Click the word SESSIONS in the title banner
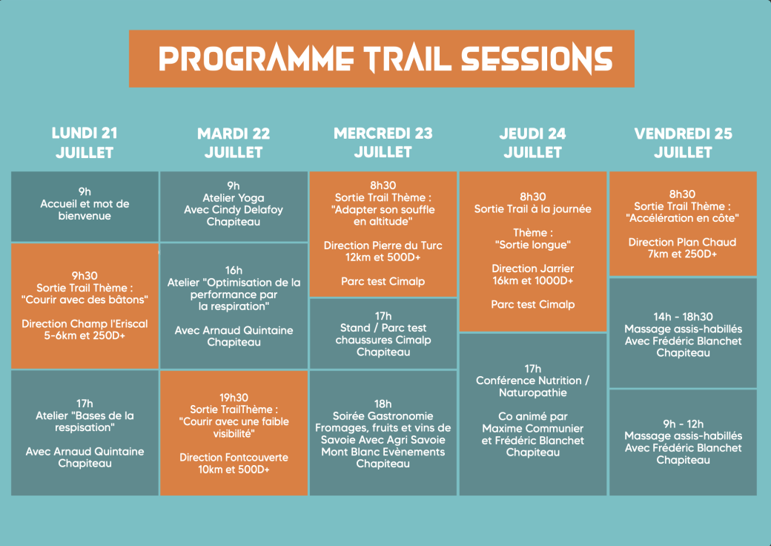coord(537,59)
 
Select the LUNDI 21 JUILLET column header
coord(85,142)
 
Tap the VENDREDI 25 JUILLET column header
coord(683,142)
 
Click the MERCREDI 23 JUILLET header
coord(383,142)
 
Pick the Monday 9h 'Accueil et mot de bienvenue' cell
coord(85,206)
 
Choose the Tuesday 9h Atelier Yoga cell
coord(234,206)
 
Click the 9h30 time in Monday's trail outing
coord(85,275)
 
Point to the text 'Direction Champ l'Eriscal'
coord(85,323)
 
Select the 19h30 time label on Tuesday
coord(234,398)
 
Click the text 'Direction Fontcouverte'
coord(234,458)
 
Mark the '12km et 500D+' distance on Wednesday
coord(383,257)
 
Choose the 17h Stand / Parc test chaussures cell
coord(383,334)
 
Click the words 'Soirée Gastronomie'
coord(383,416)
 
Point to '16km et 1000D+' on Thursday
coord(533,280)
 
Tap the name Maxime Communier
coord(533,429)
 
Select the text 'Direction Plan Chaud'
coord(683,242)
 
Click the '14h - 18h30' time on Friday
coord(683,317)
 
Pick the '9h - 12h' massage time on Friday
coord(683,424)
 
